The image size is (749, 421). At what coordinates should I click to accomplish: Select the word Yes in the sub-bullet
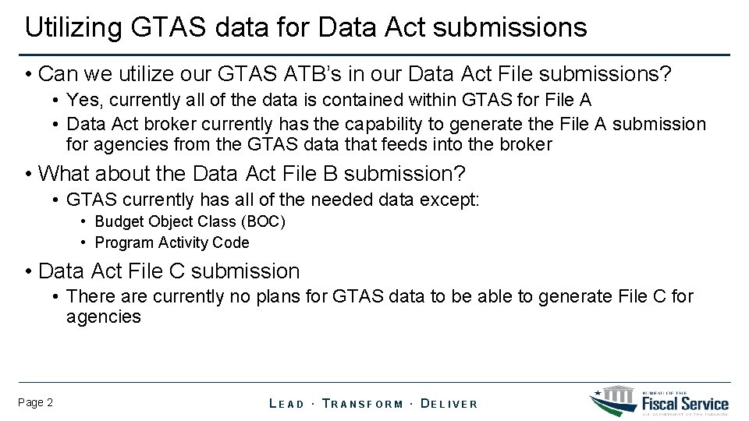80,100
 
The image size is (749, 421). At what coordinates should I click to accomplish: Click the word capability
409,124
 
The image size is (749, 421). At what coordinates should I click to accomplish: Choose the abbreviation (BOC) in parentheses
264,221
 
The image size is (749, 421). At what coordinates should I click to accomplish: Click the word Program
123,242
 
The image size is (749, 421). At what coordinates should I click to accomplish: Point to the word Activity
183,242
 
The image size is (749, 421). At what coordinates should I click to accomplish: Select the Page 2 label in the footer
35,402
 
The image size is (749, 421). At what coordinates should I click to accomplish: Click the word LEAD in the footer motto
286,404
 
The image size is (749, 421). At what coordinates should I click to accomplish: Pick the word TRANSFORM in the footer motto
363,404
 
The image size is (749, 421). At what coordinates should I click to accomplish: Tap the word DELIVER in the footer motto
449,404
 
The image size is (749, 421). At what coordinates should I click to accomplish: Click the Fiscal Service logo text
685,402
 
